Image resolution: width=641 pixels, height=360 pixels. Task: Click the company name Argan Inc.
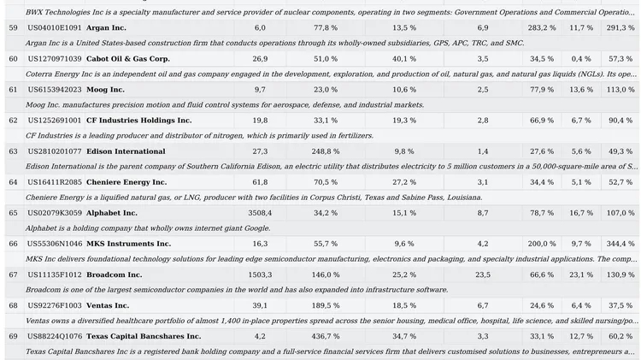pyautogui.click(x=106, y=28)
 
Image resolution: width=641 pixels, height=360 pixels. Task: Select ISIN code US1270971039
pyautogui.click(x=55, y=59)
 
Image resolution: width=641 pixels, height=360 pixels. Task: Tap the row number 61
pyautogui.click(x=13, y=90)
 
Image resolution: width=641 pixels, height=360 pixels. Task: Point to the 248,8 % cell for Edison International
pyautogui.click(x=325, y=151)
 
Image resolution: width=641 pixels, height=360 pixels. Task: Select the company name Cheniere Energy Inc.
pyautogui.click(x=126, y=182)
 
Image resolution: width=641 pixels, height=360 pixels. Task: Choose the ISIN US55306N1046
pyautogui.click(x=55, y=244)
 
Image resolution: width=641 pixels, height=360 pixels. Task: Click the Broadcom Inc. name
pyautogui.click(x=114, y=274)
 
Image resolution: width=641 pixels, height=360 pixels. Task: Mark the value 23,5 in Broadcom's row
pyautogui.click(x=483, y=274)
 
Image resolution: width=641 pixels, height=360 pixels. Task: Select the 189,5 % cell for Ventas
pyautogui.click(x=325, y=305)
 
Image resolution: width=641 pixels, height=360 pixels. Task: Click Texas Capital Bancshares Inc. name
pyautogui.click(x=144, y=336)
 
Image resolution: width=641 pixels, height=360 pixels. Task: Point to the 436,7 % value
pyautogui.click(x=325, y=336)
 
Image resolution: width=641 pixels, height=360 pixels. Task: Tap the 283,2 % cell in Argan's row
pyautogui.click(x=541, y=28)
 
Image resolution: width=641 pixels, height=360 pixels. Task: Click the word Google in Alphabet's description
pyautogui.click(x=253, y=228)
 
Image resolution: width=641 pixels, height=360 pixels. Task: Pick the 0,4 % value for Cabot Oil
pyautogui.click(x=581, y=59)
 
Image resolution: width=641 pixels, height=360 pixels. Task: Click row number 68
pyautogui.click(x=13, y=305)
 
